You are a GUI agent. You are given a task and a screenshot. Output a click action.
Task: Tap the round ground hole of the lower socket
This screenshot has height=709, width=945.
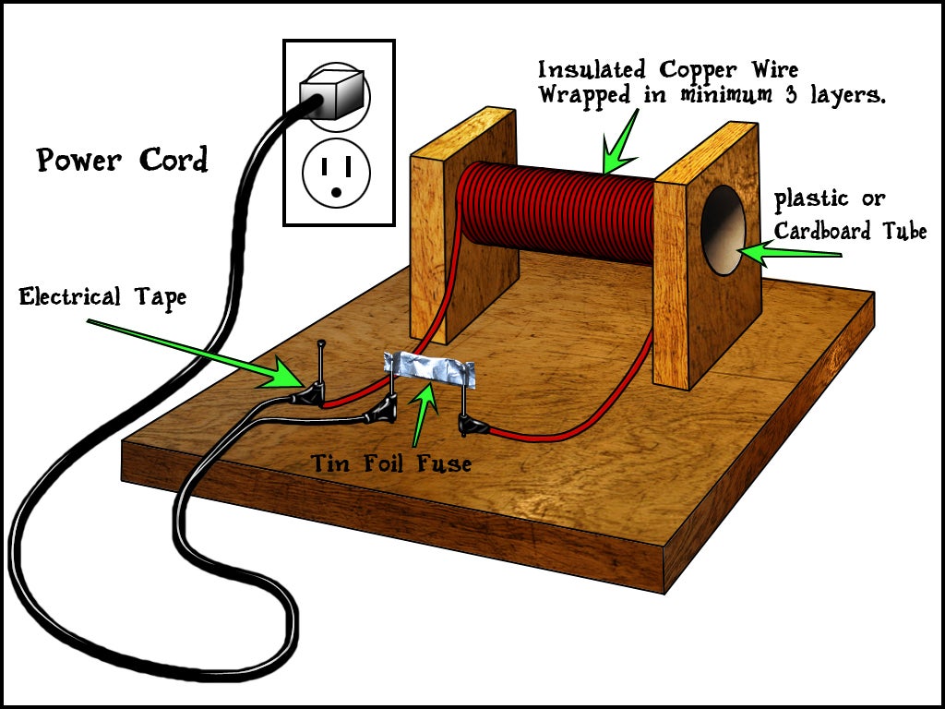(336, 191)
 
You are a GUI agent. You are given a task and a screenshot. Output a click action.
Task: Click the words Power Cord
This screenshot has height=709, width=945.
(123, 161)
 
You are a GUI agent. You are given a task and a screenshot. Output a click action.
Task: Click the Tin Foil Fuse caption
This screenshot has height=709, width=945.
(390, 462)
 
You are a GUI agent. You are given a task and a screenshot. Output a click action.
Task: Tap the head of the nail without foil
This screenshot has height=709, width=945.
(320, 344)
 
